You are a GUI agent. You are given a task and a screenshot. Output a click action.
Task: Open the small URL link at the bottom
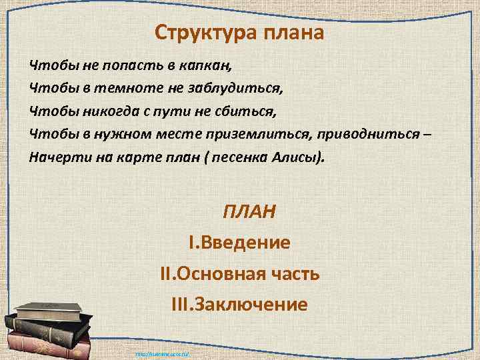click(x=163, y=354)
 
